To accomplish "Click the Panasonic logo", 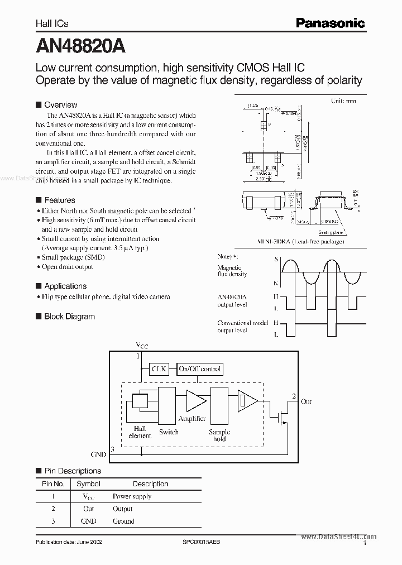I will click(x=330, y=23).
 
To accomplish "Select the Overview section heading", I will click(x=60, y=104).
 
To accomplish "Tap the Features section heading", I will click(x=59, y=200).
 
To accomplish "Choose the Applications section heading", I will click(x=65, y=286).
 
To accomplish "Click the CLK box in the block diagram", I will click(x=159, y=368).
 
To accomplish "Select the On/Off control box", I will click(x=200, y=368).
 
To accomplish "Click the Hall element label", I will click(x=139, y=432).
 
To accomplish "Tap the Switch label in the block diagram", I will click(x=169, y=432).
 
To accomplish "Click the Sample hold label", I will click(x=219, y=435).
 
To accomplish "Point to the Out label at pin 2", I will click(x=306, y=401).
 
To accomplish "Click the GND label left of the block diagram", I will click(x=98, y=455).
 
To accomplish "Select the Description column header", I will click(x=150, y=484).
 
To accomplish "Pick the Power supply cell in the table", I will click(x=132, y=496).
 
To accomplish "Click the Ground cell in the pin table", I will click(x=123, y=521).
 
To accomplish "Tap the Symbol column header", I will click(x=88, y=484).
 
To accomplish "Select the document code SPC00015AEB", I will click(x=202, y=542).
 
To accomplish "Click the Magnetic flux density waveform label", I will click(x=232, y=271).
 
